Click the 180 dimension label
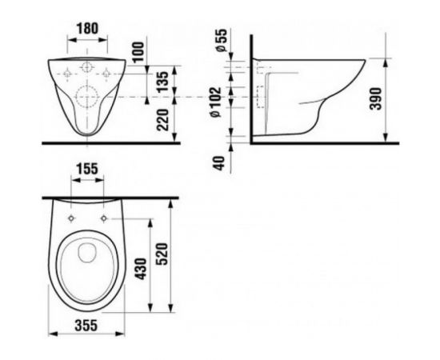tap(87, 29)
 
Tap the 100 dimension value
tap(138, 52)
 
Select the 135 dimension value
tap(162, 82)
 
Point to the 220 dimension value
tap(162, 120)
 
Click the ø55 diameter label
tap(221, 41)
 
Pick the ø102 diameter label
tap(216, 102)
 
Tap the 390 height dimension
tap(376, 98)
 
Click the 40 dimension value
tap(220, 163)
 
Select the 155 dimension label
tap(87, 169)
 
